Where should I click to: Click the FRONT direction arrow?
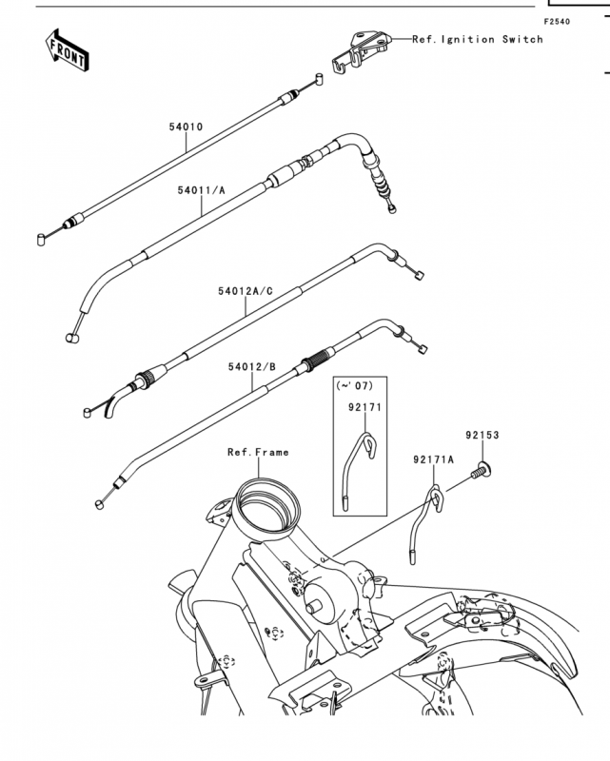coord(67,50)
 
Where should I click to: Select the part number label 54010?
coord(186,127)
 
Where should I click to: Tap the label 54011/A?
coord(201,190)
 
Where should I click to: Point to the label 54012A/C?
coord(246,291)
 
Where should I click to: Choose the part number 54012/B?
coord(252,367)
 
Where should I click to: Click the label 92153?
coord(482,436)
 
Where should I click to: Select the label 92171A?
coord(434,459)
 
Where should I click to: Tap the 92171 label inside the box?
coord(364,408)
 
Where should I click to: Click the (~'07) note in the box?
coord(355,386)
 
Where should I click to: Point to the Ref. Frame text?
coord(259,453)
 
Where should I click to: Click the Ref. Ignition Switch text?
coord(478,39)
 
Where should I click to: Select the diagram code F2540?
coord(557,22)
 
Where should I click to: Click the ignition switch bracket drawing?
coord(361,52)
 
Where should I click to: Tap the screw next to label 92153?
coord(482,470)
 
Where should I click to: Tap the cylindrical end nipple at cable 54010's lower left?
coord(41,240)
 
